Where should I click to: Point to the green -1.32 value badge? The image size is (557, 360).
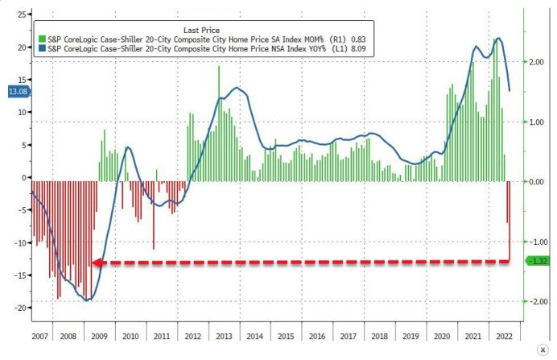tap(538, 260)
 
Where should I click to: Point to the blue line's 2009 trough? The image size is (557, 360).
tap(88, 300)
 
